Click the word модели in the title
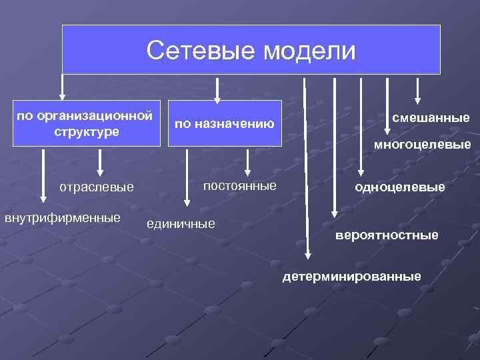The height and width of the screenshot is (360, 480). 309,50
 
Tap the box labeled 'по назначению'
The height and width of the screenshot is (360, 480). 225,123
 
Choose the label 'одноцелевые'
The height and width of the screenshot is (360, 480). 400,187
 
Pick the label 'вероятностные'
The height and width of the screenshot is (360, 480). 387,235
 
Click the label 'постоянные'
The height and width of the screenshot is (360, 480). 239,185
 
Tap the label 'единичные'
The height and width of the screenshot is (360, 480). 181,223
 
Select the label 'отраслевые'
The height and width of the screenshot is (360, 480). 96,187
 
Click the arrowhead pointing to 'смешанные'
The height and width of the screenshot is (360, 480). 418,99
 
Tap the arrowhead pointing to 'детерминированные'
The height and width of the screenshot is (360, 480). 307,253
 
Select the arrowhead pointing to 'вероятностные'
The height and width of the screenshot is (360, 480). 334,213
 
